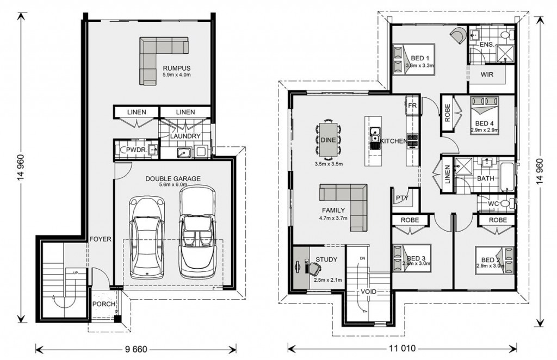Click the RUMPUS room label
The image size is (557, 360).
pos(177,68)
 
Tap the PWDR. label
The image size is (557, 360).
pos(137,150)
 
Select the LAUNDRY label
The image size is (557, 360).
pos(185,136)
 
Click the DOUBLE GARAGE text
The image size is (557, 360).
pos(172,179)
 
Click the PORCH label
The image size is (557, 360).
pos(104,305)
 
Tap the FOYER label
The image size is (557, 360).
pos(100,239)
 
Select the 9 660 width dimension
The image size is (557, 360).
pos(135,349)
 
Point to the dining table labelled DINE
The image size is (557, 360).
pos(328,140)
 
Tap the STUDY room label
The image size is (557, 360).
pos(326,259)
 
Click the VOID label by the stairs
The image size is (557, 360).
pos(368,292)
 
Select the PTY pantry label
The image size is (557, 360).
pos(402,198)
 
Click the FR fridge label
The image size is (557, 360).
pos(412,106)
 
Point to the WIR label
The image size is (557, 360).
pos(487,75)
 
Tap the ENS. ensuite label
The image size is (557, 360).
pos(486,45)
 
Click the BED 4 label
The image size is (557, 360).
pos(484,123)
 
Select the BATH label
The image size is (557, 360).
pos(486,178)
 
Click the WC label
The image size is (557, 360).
pos(493,204)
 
